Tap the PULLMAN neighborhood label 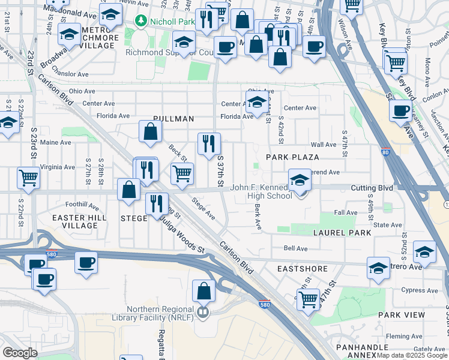point(173,119)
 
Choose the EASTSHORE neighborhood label point(302,269)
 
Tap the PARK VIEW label point(402,314)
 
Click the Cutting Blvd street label point(372,187)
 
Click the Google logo point(20,353)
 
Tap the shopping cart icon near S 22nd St point(28,177)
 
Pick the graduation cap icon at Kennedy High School point(300,179)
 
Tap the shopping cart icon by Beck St point(182,173)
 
